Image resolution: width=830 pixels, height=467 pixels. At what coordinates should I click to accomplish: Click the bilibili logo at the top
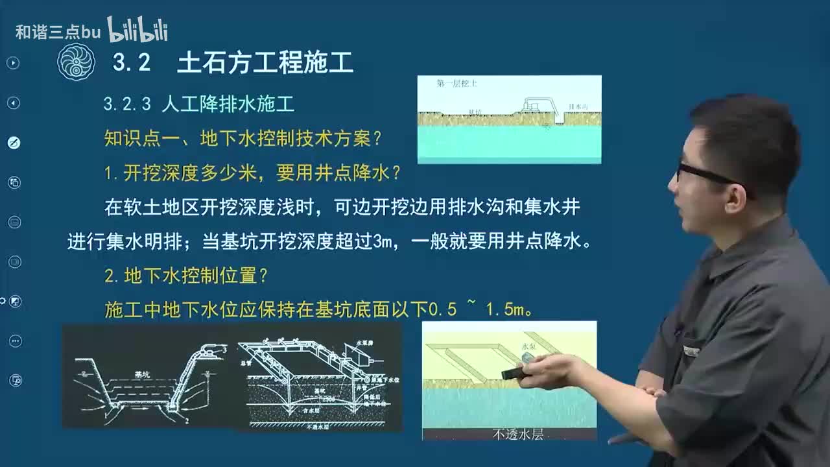tap(137, 30)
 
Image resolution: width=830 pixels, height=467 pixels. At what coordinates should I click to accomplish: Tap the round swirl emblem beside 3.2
tap(76, 63)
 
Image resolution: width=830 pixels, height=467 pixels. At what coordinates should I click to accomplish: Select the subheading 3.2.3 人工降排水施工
tap(198, 104)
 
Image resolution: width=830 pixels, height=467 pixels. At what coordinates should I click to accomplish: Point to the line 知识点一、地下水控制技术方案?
tap(243, 138)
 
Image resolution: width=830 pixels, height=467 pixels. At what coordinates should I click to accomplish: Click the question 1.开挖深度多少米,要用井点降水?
tap(252, 173)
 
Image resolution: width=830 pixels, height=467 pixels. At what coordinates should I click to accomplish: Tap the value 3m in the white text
tap(383, 242)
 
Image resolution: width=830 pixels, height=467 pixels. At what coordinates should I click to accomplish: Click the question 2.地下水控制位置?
tap(186, 276)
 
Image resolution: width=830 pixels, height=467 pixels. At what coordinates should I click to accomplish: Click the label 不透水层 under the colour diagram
tap(517, 434)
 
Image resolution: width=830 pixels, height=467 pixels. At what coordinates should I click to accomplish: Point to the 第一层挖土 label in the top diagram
tap(457, 84)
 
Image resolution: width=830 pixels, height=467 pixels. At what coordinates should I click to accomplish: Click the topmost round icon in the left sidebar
tap(13, 63)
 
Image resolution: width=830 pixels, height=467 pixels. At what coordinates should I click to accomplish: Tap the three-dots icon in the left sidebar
tap(14, 341)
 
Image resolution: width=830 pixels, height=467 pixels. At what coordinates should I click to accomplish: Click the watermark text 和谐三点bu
tap(58, 32)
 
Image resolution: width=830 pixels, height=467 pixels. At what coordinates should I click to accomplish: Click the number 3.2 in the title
tap(132, 63)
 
